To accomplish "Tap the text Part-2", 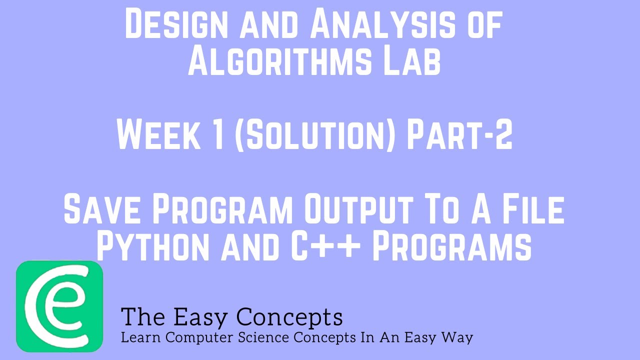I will pos(459,136).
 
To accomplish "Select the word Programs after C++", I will pos(452,246).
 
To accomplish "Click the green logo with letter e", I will pos(59,306).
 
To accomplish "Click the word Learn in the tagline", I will pos(141,337).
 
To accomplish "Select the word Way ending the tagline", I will pos(458,337).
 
